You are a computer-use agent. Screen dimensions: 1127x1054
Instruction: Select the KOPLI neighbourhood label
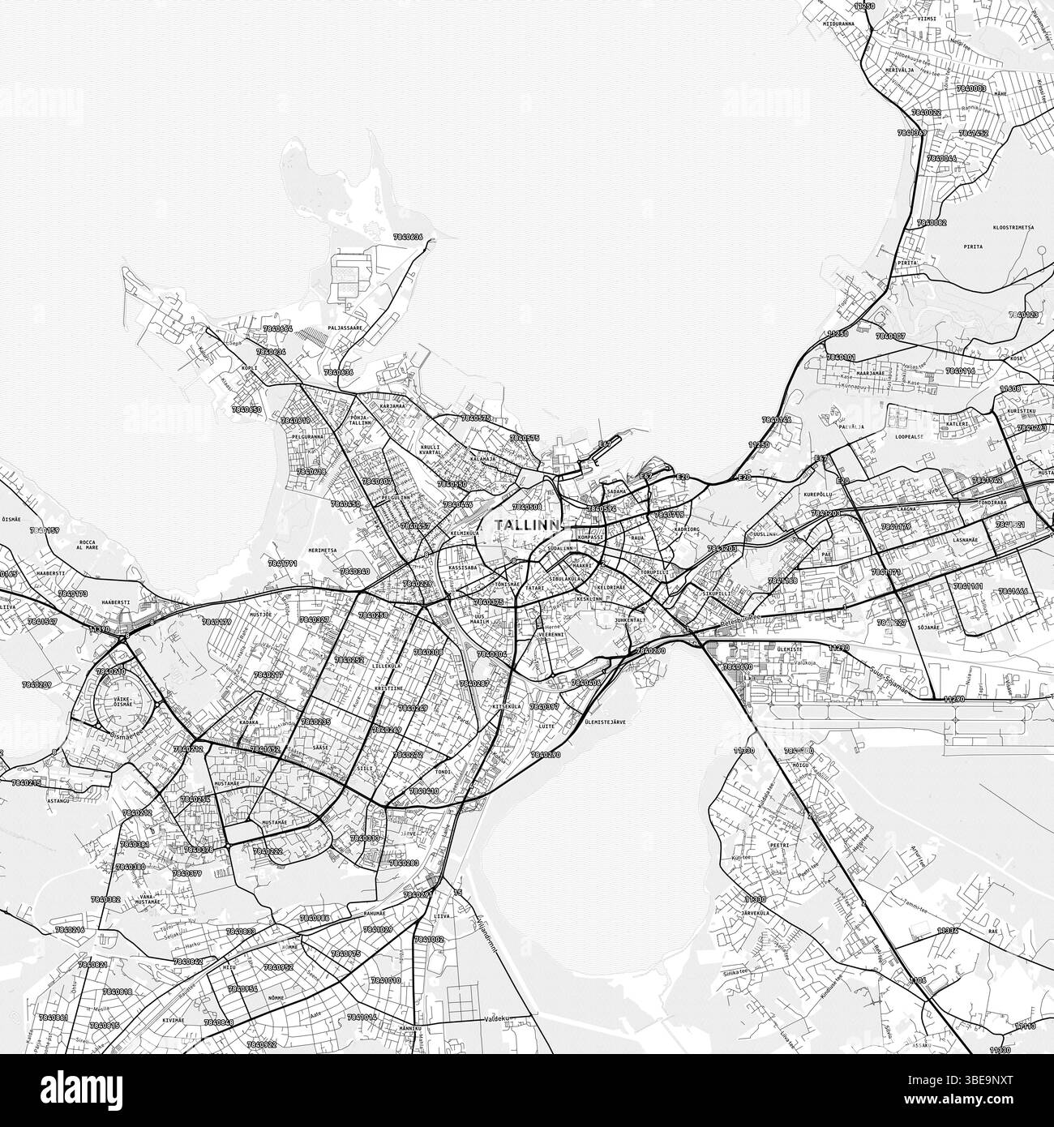249,368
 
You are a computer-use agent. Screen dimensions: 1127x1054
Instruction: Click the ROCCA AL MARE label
87,546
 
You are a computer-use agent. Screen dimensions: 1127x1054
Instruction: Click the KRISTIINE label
388,688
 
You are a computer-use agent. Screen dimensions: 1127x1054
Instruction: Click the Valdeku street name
496,1019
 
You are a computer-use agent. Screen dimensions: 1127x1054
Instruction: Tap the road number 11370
99,629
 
